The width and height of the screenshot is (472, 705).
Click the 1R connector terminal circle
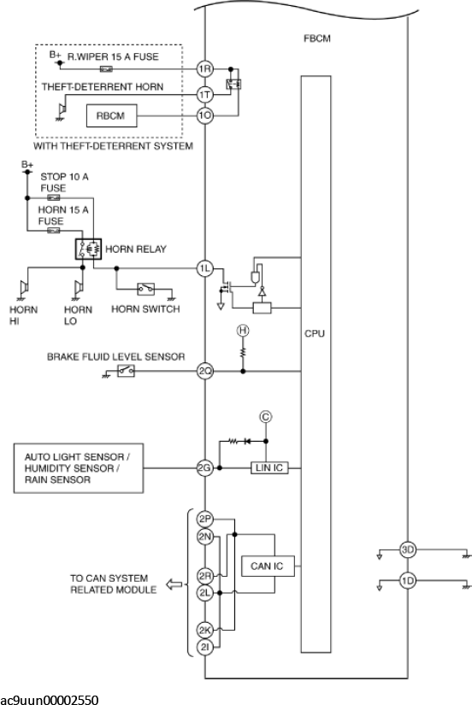click(x=205, y=69)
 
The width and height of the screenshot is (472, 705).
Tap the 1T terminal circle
click(x=205, y=95)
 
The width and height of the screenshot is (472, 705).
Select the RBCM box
click(x=112, y=116)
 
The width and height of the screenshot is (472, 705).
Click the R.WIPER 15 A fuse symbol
click(x=106, y=69)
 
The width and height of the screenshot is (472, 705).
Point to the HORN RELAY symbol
click(x=88, y=249)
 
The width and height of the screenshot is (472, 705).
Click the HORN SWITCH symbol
click(x=145, y=289)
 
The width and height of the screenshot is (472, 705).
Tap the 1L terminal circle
click(x=205, y=269)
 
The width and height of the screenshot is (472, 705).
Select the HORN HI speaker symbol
click(x=23, y=288)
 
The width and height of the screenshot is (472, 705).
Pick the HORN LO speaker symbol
click(x=79, y=288)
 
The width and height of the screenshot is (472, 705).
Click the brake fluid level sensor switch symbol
click(x=126, y=371)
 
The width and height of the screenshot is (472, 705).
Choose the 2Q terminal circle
click(x=205, y=372)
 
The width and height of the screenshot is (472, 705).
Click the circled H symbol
click(x=243, y=331)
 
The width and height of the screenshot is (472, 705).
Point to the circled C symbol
click(x=265, y=417)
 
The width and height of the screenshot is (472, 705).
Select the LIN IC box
click(x=269, y=468)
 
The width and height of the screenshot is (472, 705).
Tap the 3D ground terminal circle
click(x=408, y=549)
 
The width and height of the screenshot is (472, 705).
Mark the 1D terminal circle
click(x=408, y=581)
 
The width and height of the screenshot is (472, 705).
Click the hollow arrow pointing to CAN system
click(x=174, y=585)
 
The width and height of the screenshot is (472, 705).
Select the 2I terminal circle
click(x=205, y=648)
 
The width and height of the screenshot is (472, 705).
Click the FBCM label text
click(x=316, y=38)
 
